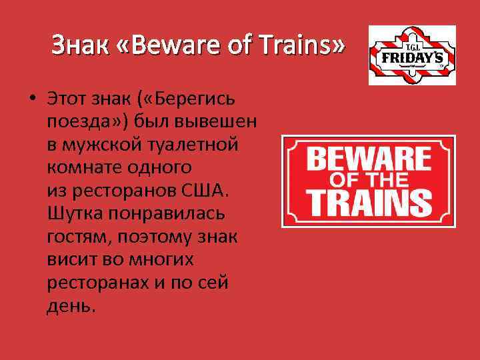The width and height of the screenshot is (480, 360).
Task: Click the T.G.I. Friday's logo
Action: pyautogui.click(x=413, y=55)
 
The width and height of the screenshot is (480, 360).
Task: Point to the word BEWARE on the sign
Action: pyautogui.click(x=368, y=160)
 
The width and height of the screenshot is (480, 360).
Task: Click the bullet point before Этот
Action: pyautogui.click(x=31, y=99)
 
